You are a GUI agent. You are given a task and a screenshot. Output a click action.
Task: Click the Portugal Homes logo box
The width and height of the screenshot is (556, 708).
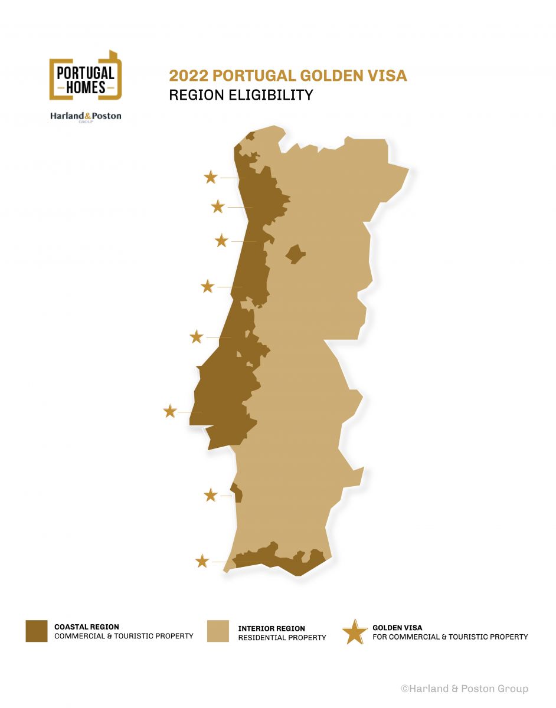point(86,75)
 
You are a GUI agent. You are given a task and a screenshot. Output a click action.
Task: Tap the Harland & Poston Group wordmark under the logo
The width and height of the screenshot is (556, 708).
point(86,116)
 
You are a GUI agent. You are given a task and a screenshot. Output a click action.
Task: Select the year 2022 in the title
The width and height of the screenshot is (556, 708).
point(187,76)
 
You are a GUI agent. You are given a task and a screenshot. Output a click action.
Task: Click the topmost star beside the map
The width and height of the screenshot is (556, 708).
point(211,177)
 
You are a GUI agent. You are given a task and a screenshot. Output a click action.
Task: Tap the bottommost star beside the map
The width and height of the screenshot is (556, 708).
point(202,561)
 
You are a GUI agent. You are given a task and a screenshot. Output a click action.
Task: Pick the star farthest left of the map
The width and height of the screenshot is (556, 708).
point(170,411)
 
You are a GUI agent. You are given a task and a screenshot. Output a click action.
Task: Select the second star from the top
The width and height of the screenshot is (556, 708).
point(218,206)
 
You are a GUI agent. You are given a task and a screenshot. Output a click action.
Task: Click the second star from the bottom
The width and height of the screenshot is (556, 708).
point(211,495)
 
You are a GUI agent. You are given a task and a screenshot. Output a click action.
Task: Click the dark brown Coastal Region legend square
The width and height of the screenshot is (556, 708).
point(37,631)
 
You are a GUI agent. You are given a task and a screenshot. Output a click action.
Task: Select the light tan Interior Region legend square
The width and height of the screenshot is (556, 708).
point(218,631)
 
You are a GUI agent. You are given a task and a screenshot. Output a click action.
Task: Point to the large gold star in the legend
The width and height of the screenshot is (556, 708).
point(355,632)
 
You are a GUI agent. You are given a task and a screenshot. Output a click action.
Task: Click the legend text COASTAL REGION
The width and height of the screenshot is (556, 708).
point(87,627)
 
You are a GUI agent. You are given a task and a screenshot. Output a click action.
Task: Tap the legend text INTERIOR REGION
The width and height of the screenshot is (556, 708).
point(272,628)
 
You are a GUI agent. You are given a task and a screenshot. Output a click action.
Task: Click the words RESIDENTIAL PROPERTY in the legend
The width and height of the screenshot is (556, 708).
point(282,638)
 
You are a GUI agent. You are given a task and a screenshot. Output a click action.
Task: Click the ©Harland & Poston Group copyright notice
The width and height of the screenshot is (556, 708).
point(465,689)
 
